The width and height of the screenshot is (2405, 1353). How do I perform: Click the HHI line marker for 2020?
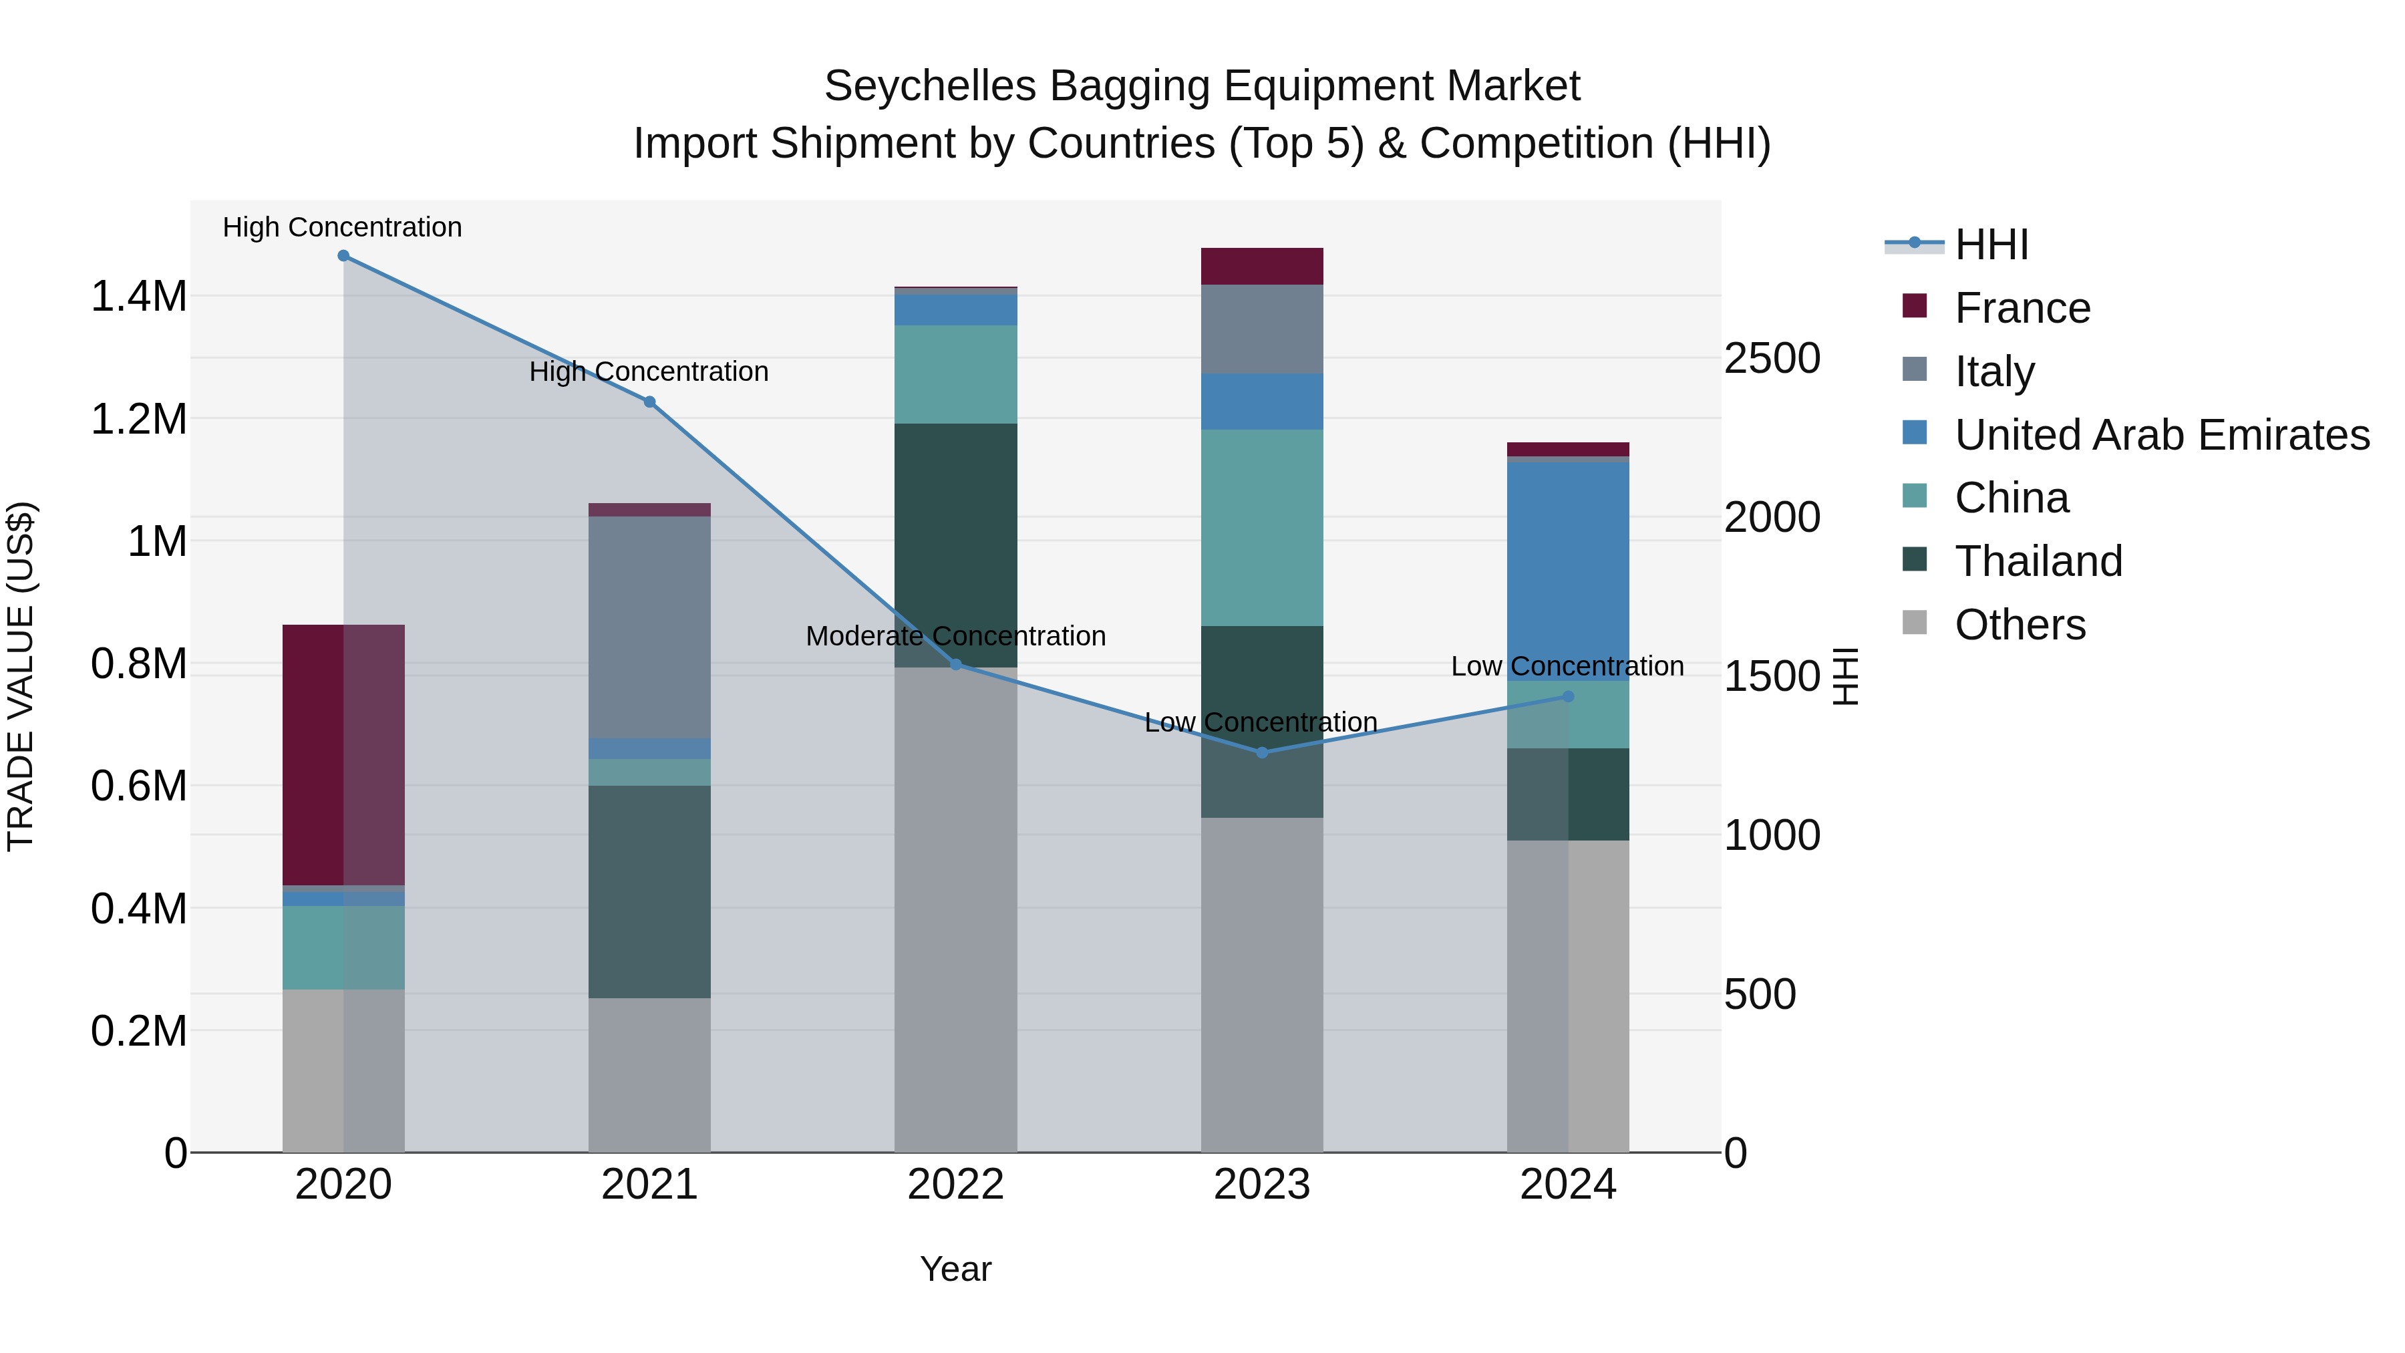343,256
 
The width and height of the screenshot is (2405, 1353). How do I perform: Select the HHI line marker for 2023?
1262,752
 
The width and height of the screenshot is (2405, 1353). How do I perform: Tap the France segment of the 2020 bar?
343,754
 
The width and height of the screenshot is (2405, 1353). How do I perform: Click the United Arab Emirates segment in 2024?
1567,571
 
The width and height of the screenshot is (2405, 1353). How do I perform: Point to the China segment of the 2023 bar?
1261,528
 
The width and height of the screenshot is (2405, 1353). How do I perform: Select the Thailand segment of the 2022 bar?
955,545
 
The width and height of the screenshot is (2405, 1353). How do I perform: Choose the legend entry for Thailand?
2038,561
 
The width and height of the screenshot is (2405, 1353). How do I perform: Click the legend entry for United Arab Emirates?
2161,435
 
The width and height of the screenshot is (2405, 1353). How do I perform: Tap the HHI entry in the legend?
1991,245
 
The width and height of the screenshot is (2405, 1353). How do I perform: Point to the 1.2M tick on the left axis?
139,419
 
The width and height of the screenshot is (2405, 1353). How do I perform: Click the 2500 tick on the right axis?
1771,359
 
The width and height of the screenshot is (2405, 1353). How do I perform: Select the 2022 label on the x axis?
955,1185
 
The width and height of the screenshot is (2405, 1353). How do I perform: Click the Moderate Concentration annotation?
955,636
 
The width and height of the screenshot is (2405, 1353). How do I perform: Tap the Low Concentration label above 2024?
1567,667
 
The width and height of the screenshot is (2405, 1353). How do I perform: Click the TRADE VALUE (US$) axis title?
21,676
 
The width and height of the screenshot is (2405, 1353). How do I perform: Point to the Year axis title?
955,1269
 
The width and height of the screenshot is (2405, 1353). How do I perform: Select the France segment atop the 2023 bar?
1261,266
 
